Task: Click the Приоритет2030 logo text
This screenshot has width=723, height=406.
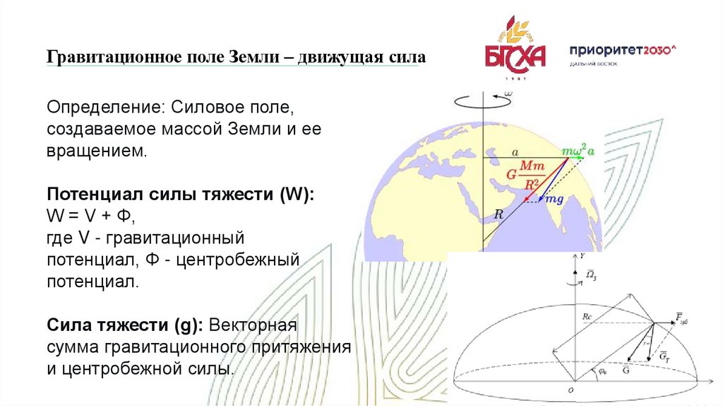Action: pyautogui.click(x=623, y=50)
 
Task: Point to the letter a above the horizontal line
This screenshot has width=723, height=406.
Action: pyautogui.click(x=515, y=151)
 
